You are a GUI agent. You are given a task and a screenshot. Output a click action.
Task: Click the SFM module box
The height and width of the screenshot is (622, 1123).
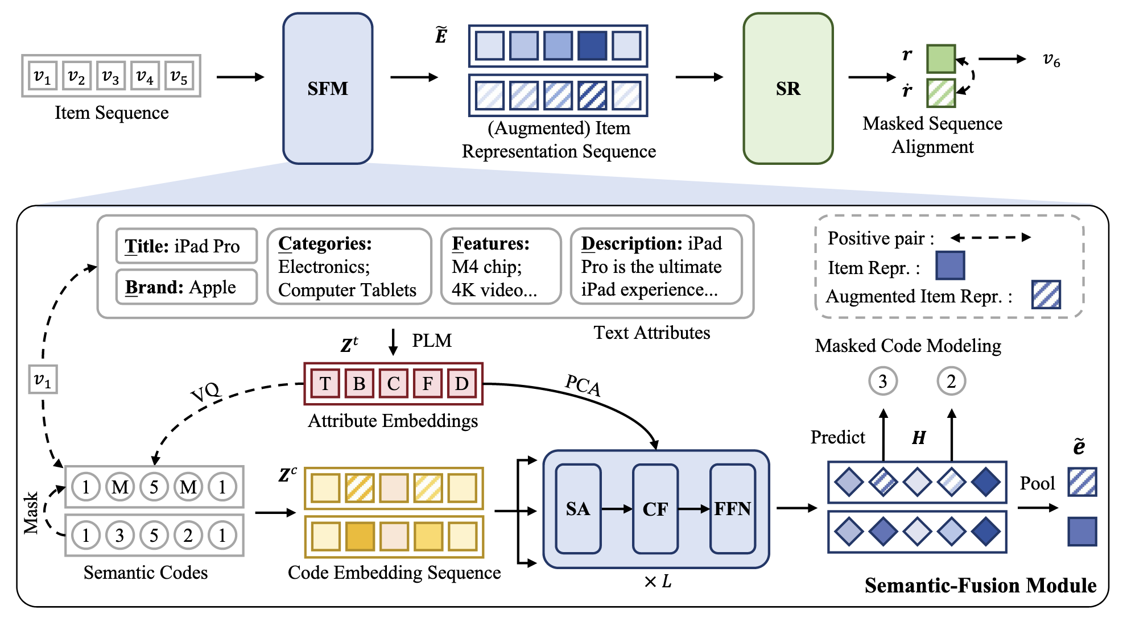click(328, 89)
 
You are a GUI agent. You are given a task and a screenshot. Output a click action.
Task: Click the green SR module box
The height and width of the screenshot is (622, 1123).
click(788, 89)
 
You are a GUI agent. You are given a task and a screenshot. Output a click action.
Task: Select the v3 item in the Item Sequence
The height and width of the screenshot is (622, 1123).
click(110, 76)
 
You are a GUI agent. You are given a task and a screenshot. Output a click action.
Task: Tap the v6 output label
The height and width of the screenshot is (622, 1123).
click(1051, 59)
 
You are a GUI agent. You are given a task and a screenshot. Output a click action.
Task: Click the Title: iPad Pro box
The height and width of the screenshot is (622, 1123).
click(186, 246)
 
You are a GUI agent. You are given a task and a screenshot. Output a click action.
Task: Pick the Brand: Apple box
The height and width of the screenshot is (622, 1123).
click(186, 287)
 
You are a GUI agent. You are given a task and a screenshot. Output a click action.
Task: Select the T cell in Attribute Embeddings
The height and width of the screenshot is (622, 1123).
click(325, 383)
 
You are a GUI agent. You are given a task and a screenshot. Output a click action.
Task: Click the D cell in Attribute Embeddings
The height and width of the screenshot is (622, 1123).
click(461, 383)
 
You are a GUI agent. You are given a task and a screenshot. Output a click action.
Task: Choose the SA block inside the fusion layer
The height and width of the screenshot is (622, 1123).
click(578, 508)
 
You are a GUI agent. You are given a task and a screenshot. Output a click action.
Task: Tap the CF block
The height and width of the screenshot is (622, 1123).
click(655, 508)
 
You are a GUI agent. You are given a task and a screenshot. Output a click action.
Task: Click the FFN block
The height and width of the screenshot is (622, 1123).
click(733, 508)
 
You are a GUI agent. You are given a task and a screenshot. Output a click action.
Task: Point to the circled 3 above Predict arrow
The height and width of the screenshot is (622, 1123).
click(882, 381)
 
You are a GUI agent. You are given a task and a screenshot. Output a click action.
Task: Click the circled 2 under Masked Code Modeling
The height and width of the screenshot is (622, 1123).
click(951, 381)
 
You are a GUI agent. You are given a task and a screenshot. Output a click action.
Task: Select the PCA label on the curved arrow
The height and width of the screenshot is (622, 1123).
click(583, 385)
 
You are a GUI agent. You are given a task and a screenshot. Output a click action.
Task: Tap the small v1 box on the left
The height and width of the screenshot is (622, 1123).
click(43, 379)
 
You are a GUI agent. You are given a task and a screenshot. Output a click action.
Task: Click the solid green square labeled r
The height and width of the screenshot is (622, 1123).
click(940, 59)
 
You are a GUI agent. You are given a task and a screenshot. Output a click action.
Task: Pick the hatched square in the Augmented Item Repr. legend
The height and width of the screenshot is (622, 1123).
click(1046, 295)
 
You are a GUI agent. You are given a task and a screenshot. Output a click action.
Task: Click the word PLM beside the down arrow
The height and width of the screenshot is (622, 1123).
click(432, 340)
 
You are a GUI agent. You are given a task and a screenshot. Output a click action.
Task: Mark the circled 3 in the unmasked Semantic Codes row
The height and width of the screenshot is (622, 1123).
click(119, 535)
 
